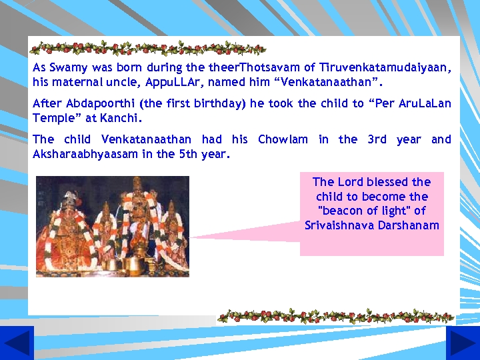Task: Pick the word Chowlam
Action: [x=283, y=139]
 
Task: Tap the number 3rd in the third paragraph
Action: [x=377, y=139]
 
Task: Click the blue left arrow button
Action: [x=17, y=343]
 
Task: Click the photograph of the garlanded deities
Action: [x=112, y=226]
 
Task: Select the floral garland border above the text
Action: [x=148, y=48]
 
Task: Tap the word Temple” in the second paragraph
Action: [x=54, y=118]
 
